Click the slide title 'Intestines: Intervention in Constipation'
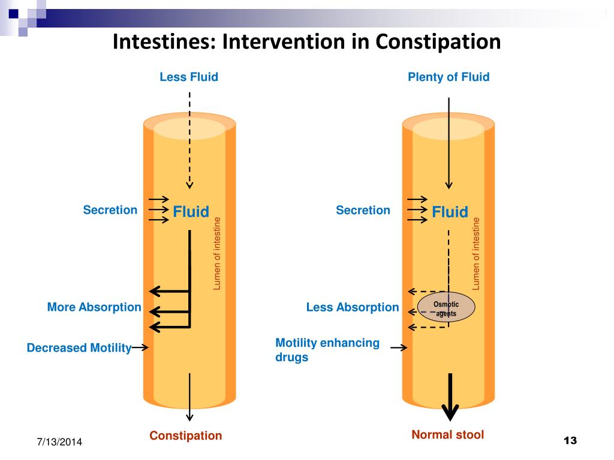(x=306, y=42)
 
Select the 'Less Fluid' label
(x=188, y=77)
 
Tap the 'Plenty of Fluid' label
(x=449, y=77)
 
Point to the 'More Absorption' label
(x=94, y=307)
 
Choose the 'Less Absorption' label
(x=352, y=307)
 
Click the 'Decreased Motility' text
(x=79, y=348)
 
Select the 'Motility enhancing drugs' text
(x=327, y=350)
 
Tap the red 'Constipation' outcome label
(x=185, y=435)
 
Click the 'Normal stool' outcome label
(x=447, y=434)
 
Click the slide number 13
(x=570, y=441)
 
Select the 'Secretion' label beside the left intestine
(x=110, y=210)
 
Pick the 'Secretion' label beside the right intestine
(x=363, y=210)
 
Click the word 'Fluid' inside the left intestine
(x=191, y=211)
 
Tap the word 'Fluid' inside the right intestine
(x=450, y=211)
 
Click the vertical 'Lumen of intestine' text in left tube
(x=218, y=255)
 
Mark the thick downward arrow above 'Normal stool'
(x=450, y=398)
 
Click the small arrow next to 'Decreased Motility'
(x=140, y=347)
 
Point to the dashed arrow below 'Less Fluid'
(x=189, y=141)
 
